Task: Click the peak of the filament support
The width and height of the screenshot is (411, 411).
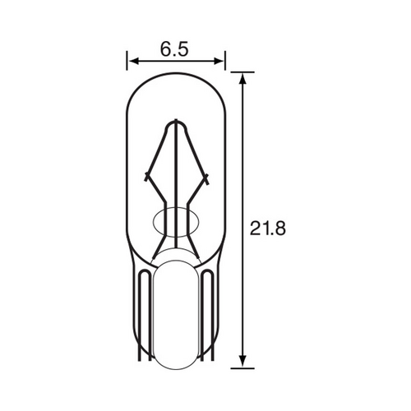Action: coord(176,123)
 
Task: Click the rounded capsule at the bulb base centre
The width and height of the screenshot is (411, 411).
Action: coord(176,312)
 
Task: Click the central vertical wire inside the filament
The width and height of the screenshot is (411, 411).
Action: coord(176,189)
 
